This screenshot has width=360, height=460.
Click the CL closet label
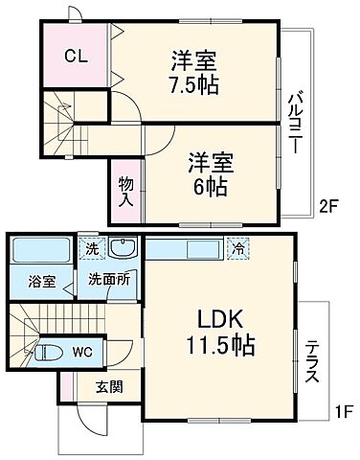[x=76, y=54]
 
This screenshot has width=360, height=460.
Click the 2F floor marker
[x=328, y=205]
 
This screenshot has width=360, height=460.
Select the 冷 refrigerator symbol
[x=237, y=247]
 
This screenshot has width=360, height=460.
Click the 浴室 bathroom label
[x=41, y=282]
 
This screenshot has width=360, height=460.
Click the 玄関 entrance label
[x=108, y=387]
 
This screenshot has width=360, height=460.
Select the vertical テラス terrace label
[x=311, y=362]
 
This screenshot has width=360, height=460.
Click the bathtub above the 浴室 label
[x=40, y=253]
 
